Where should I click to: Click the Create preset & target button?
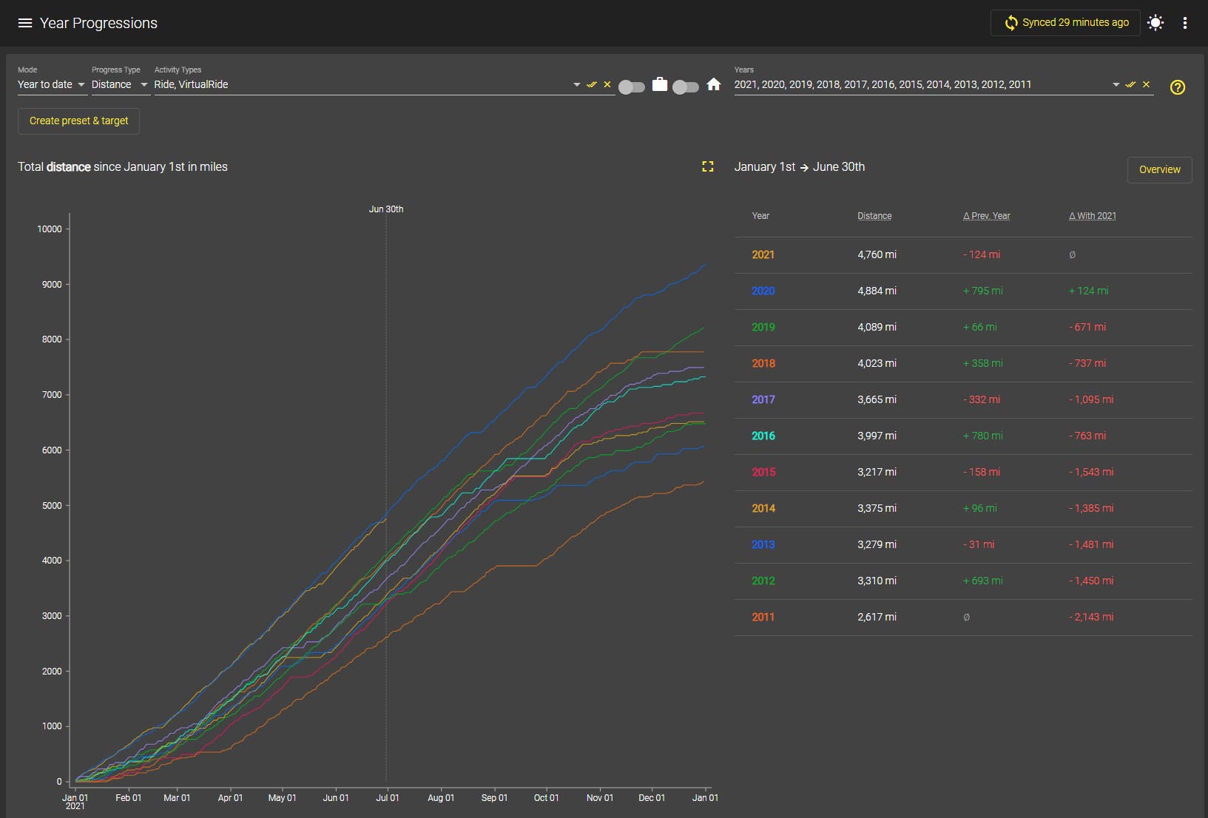click(78, 121)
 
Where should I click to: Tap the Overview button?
click(1159, 169)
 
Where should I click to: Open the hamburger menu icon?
click(25, 23)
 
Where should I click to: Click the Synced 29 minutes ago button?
click(1066, 23)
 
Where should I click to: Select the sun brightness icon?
click(1155, 23)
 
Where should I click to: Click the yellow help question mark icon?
click(1178, 87)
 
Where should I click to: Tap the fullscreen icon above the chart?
click(707, 166)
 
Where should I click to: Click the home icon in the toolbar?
click(713, 84)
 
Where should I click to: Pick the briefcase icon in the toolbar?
click(660, 84)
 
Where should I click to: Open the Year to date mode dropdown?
click(52, 84)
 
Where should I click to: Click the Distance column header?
click(874, 216)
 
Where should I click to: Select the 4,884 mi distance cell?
click(877, 291)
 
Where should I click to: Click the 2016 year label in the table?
click(763, 436)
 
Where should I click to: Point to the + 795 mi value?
click(982, 291)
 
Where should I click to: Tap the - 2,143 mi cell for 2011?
click(1091, 617)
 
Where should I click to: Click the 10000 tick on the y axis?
click(49, 229)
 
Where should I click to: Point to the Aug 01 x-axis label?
click(441, 797)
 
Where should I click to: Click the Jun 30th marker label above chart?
click(386, 209)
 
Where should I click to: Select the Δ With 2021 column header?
click(1092, 216)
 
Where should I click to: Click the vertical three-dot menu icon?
click(1185, 23)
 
